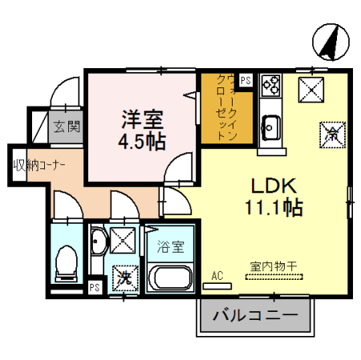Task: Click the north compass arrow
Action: point(329,42)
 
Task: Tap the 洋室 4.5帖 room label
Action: point(142,130)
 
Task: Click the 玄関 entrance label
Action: point(67,125)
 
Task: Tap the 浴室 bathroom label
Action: point(169,245)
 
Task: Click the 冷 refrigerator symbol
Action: point(330,131)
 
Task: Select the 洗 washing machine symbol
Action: point(124,278)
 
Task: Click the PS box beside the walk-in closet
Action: point(245,80)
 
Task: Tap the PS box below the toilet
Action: point(95,287)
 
